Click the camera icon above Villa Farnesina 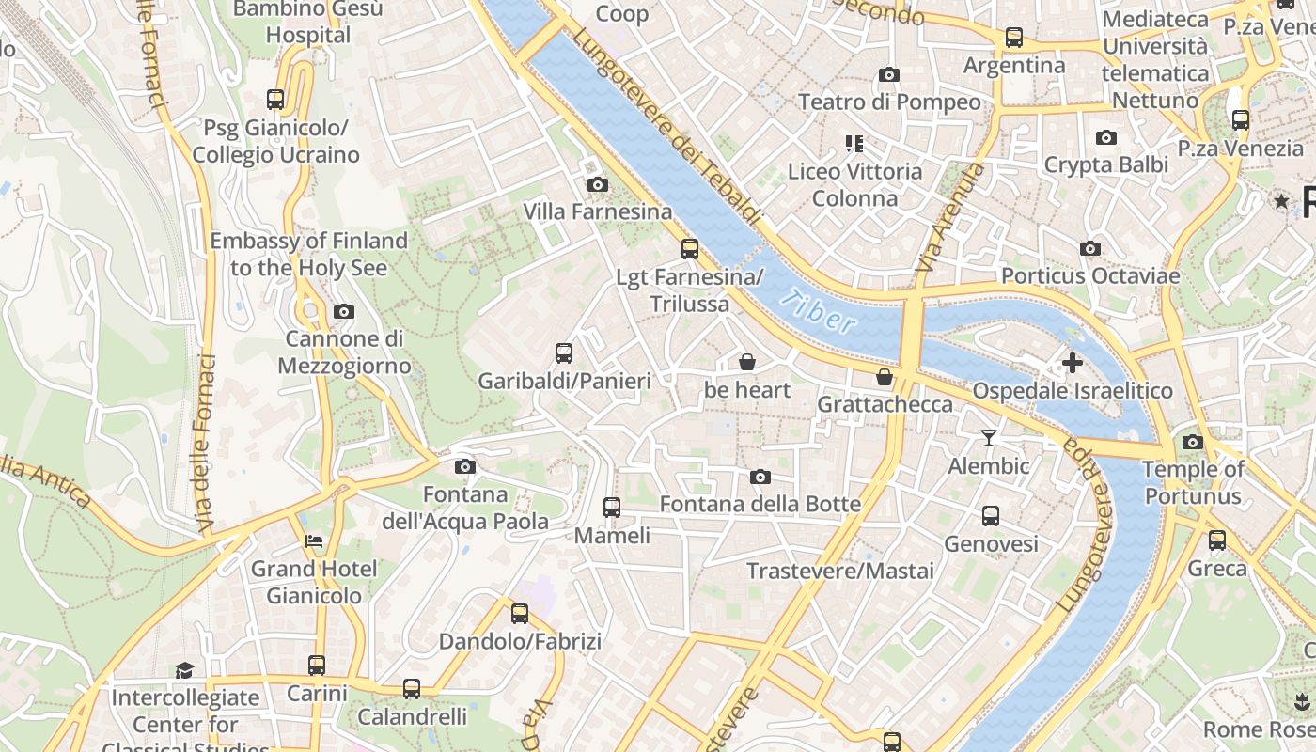click(x=597, y=184)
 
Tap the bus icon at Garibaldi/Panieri click(x=564, y=353)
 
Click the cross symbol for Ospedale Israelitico click(x=1072, y=362)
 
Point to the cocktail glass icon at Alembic click(x=988, y=437)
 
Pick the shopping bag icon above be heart click(x=747, y=362)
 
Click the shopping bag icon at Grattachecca click(x=885, y=377)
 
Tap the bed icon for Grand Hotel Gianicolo click(x=314, y=540)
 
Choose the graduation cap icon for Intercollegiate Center click(x=184, y=670)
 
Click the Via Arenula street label click(x=949, y=218)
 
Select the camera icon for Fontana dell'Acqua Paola click(x=464, y=466)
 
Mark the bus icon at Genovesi click(x=991, y=516)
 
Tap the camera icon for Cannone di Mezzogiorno click(x=344, y=311)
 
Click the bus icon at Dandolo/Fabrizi click(x=520, y=614)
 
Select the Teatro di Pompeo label click(x=889, y=102)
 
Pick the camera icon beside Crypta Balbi click(x=1106, y=137)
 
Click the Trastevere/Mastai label click(x=840, y=571)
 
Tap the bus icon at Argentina click(x=1014, y=38)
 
